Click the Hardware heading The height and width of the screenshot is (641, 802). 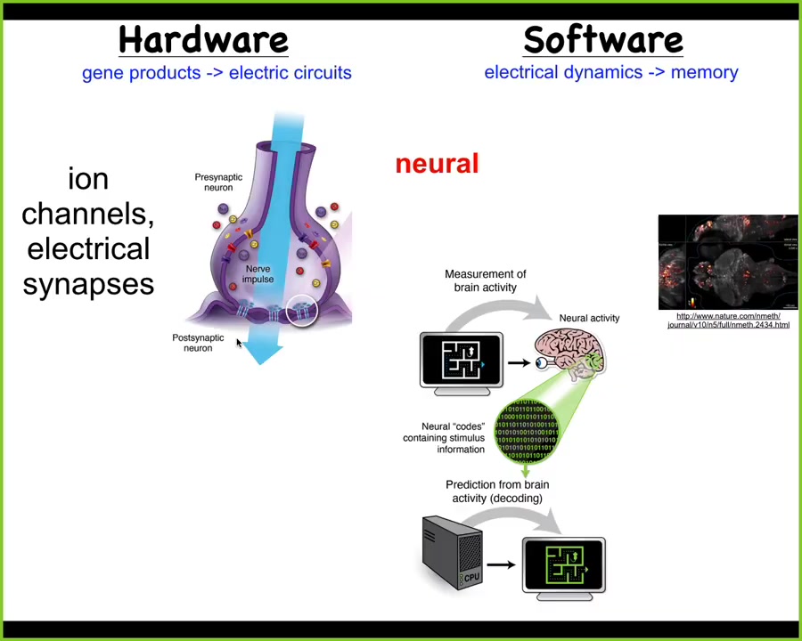tap(203, 40)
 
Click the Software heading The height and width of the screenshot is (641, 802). tap(602, 40)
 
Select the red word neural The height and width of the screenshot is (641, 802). tap(437, 164)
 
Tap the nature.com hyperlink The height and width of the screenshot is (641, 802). tap(728, 320)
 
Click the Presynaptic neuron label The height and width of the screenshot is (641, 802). tap(218, 182)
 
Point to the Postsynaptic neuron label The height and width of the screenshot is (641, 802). tap(198, 343)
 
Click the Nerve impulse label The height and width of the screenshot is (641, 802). tap(258, 273)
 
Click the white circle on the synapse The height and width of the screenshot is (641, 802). tap(303, 310)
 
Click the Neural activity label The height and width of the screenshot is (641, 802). tap(589, 318)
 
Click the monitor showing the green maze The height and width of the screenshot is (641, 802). tap(563, 566)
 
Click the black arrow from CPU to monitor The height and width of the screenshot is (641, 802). tap(501, 564)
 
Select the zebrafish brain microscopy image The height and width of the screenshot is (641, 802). tap(728, 262)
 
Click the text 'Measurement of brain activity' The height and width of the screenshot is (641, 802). tap(485, 280)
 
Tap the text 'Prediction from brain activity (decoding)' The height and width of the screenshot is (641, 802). tap(497, 491)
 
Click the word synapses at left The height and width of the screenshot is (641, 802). tap(88, 283)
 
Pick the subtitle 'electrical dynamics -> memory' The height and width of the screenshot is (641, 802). tap(610, 72)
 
